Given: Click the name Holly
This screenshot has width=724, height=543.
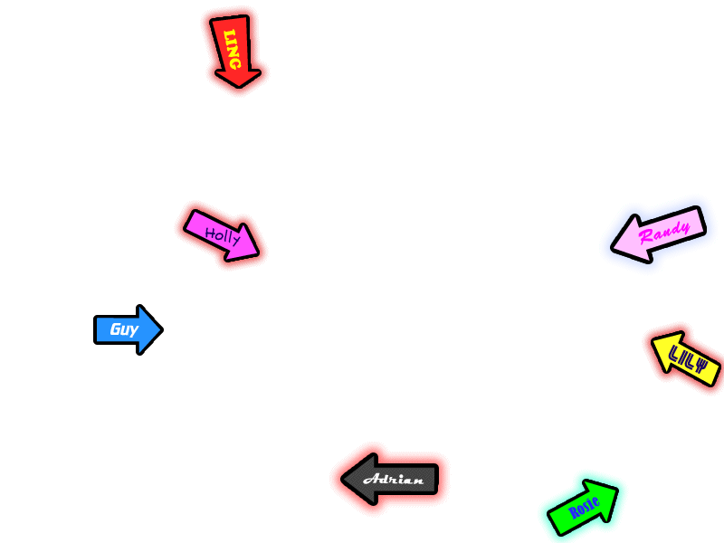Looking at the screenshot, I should click(222, 236).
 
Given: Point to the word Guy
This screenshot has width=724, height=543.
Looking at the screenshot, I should click(123, 329).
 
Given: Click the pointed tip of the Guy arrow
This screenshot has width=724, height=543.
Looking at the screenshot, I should click(161, 329).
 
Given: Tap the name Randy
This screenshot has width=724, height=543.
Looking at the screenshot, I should click(665, 233).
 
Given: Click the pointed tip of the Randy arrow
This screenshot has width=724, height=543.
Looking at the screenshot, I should click(614, 245).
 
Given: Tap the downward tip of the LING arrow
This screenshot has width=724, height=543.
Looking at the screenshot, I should click(242, 88).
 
